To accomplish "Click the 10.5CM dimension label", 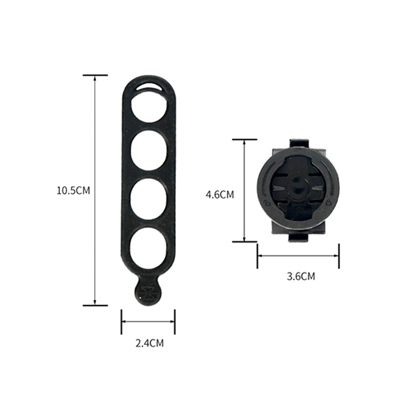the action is [73, 190].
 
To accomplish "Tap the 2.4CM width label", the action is [149, 343].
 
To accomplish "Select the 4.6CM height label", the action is [220, 195].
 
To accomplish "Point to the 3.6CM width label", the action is [301, 277].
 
